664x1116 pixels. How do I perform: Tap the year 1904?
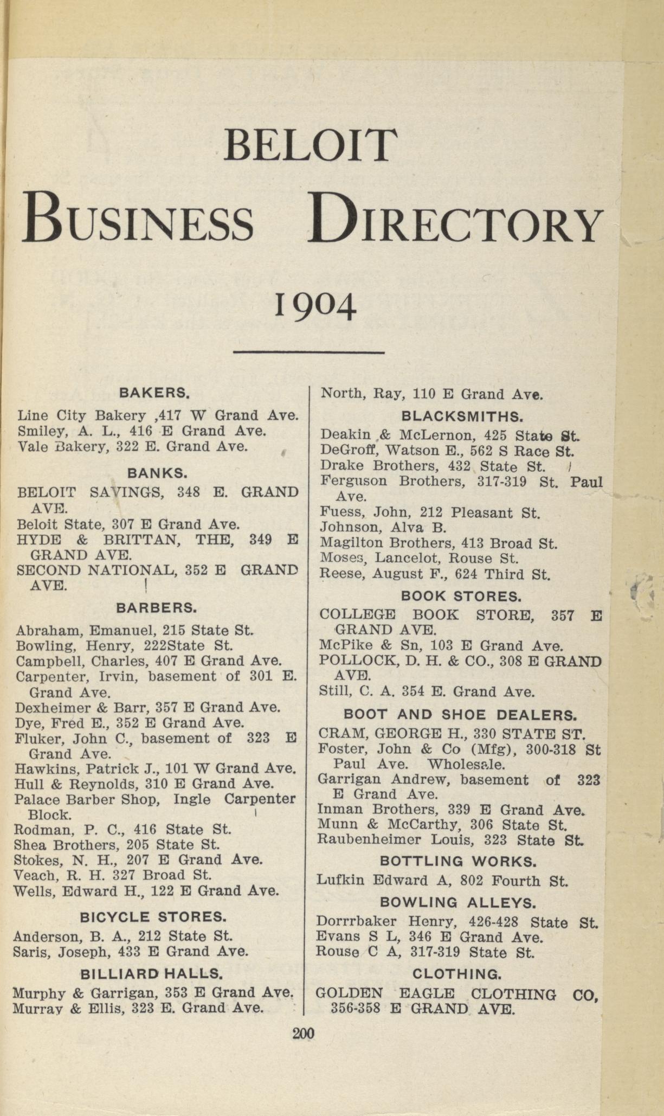pyautogui.click(x=315, y=306)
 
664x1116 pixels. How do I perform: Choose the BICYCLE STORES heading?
pyautogui.click(x=152, y=917)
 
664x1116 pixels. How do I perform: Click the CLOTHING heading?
pyautogui.click(x=457, y=973)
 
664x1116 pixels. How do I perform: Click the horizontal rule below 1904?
pyautogui.click(x=308, y=353)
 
